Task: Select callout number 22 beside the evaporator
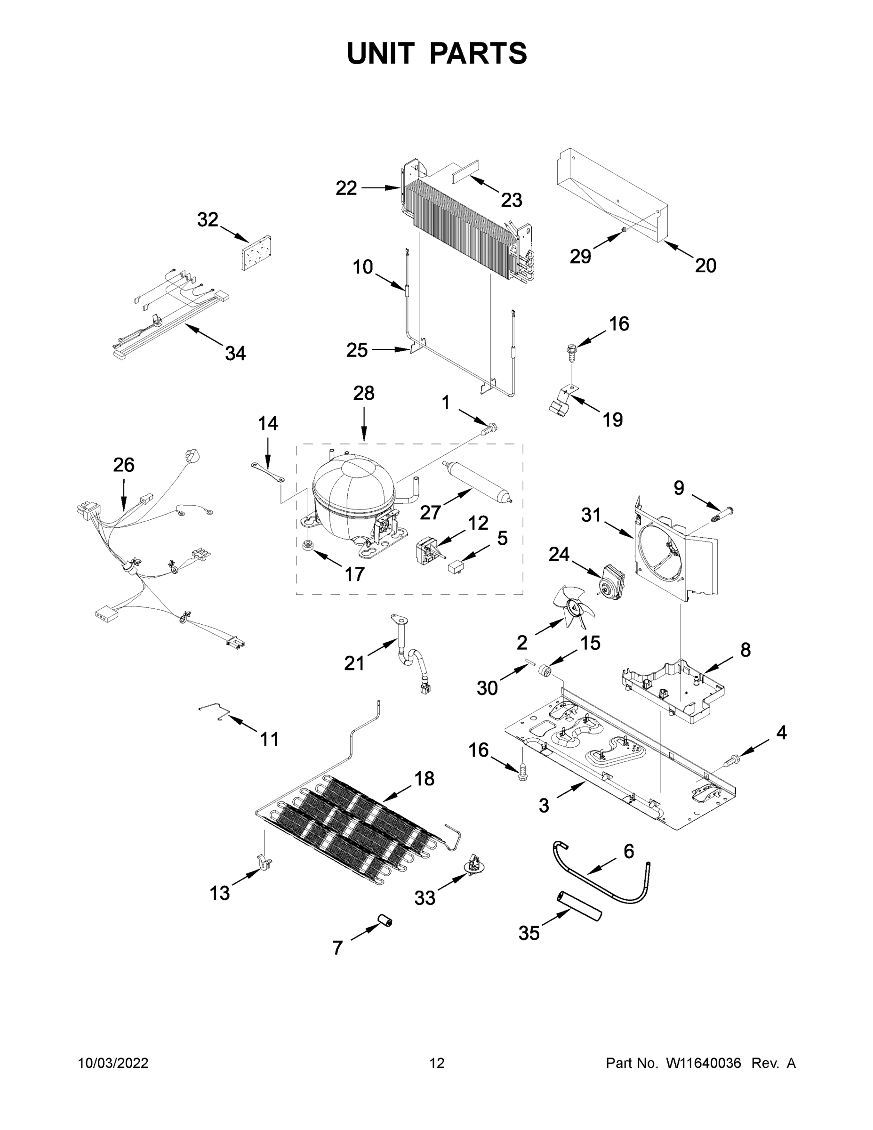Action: tap(346, 188)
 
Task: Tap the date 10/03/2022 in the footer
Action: tap(113, 1063)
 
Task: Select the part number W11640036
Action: tap(704, 1063)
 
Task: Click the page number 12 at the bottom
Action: tap(437, 1063)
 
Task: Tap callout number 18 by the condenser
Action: tap(424, 778)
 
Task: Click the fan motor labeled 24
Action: tap(610, 578)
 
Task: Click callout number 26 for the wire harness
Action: tap(124, 465)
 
